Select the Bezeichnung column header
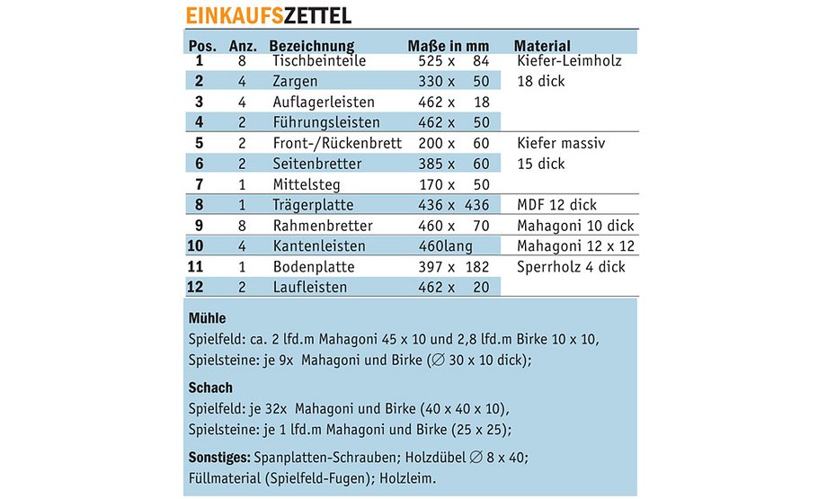(311, 46)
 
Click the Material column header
(542, 46)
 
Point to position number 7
(200, 184)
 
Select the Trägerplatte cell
(310, 205)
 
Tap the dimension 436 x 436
(454, 205)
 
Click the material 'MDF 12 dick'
(557, 205)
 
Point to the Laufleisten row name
(310, 288)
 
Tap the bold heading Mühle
(207, 318)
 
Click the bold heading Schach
(211, 388)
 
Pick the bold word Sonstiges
(220, 457)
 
